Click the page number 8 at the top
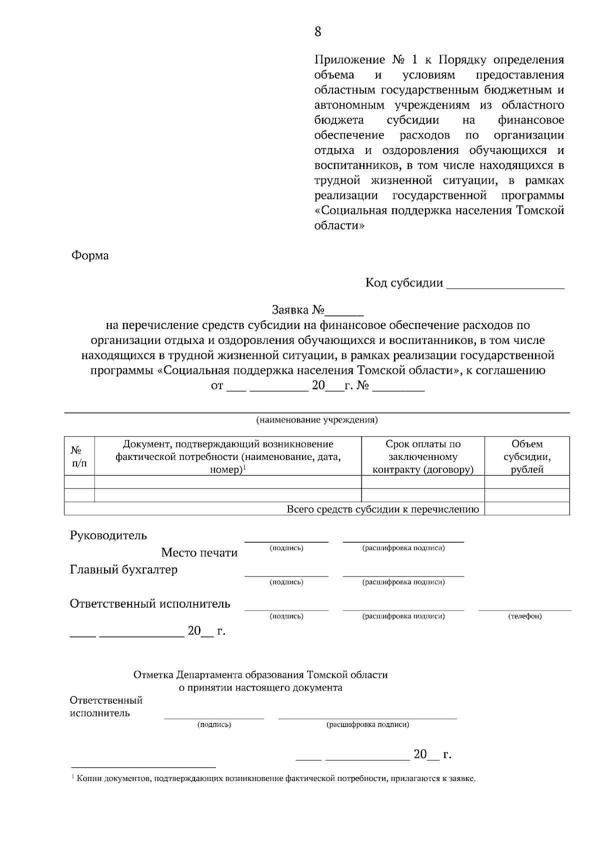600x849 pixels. click(318, 32)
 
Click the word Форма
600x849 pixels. click(90, 255)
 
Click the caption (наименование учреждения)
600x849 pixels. click(317, 419)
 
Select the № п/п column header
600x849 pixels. click(79, 456)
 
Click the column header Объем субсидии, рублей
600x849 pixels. click(527, 456)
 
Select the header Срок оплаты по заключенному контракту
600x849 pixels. click(423, 456)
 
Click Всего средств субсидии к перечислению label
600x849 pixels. click(382, 509)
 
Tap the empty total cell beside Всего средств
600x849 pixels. click(527, 509)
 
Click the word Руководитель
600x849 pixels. click(108, 535)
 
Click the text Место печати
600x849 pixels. click(199, 552)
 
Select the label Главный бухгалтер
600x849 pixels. click(123, 569)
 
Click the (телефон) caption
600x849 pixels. click(525, 616)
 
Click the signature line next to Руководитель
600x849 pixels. click(286, 540)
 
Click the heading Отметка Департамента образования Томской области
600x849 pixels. click(260, 674)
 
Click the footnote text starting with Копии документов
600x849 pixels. click(275, 778)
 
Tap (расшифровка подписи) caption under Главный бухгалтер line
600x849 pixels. click(403, 582)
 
